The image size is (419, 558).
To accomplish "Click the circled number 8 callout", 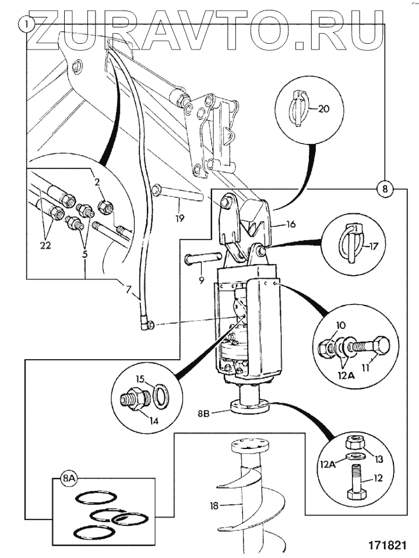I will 385,189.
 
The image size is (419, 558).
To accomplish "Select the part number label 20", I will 324,108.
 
